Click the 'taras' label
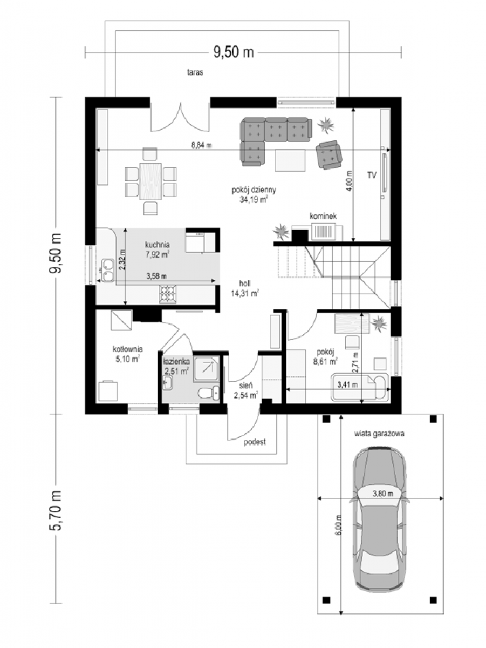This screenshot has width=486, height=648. click(x=195, y=72)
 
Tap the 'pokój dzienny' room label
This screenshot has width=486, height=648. click(x=254, y=190)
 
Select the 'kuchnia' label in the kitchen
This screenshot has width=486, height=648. click(x=157, y=245)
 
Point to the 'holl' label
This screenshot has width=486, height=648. click(x=245, y=283)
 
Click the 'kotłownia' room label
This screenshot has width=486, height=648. click(x=128, y=349)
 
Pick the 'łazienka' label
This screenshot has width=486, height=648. click(x=176, y=362)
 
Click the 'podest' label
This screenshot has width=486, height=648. click(x=255, y=442)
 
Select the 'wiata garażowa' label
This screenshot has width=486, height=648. click(x=379, y=434)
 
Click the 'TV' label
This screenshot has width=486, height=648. click(x=372, y=175)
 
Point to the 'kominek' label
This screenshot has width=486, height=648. click(x=323, y=216)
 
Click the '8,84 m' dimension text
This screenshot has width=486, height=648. click(x=201, y=145)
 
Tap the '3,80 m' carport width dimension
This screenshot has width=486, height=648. click(x=383, y=494)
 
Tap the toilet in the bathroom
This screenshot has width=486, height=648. click(x=209, y=393)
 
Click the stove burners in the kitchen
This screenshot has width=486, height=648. click(x=168, y=294)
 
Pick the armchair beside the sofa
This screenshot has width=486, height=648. click(x=329, y=154)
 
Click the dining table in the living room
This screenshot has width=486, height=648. click(x=150, y=181)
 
